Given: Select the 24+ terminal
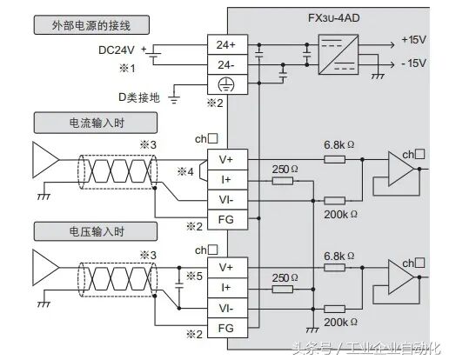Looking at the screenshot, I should click(x=225, y=43).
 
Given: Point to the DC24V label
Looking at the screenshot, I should click(x=117, y=50).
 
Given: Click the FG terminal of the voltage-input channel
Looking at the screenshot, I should click(x=225, y=328).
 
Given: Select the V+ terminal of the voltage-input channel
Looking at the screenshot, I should click(x=225, y=267).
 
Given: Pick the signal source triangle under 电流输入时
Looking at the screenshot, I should click(x=43, y=161).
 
